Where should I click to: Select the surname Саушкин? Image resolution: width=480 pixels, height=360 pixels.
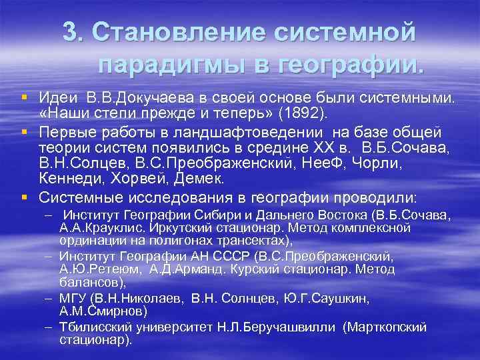pyautogui.click(x=340, y=298)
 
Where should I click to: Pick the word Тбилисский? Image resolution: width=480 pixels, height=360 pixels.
pyautogui.click(x=97, y=327)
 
